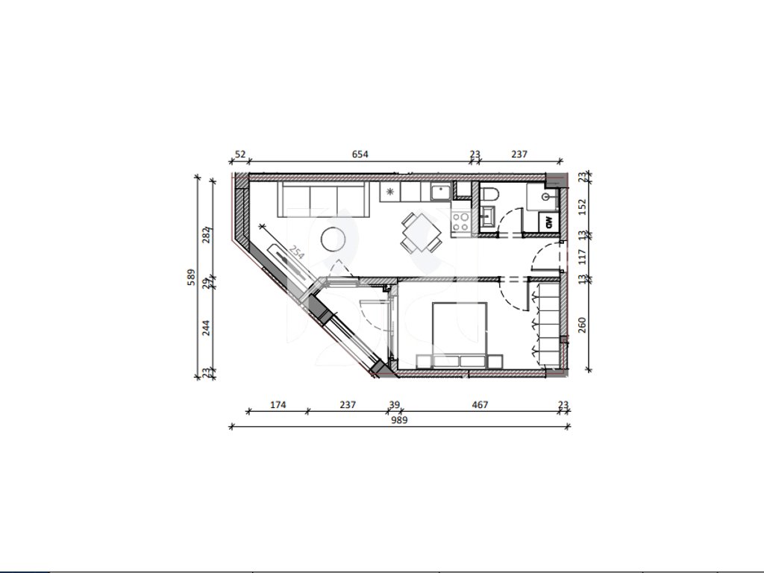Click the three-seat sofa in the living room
click(x=323, y=199)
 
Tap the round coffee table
click(x=334, y=239)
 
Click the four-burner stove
click(x=460, y=222)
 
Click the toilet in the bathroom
click(x=489, y=195)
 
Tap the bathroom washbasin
click(x=487, y=217)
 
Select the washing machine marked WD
click(x=548, y=222)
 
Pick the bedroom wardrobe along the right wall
click(x=548, y=324)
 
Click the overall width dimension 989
click(x=399, y=420)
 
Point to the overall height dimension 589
click(x=191, y=278)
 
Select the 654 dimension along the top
click(x=360, y=154)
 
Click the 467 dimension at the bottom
click(x=480, y=404)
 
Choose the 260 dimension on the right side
click(x=582, y=325)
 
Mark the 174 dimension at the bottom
click(x=278, y=404)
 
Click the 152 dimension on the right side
click(x=582, y=207)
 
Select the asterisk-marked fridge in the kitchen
click(x=390, y=192)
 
